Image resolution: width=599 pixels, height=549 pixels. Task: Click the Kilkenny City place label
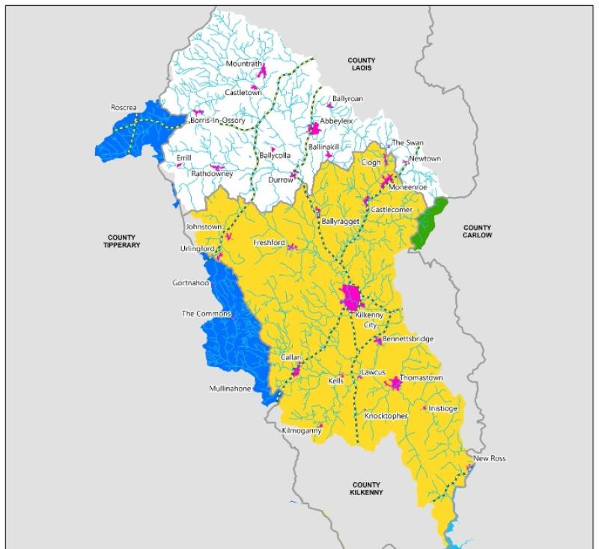click(369, 320)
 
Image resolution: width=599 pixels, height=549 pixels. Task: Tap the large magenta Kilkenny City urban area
click(350, 297)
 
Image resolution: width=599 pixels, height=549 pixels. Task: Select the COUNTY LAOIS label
click(361, 64)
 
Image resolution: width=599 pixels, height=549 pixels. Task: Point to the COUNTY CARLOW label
click(477, 231)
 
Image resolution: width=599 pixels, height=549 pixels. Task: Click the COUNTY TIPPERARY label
click(124, 240)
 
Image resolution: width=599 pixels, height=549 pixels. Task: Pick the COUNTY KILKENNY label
click(366, 488)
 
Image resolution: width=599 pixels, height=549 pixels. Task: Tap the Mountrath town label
click(244, 64)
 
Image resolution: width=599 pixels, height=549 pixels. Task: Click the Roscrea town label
click(124, 108)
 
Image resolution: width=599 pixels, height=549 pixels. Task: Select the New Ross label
click(490, 458)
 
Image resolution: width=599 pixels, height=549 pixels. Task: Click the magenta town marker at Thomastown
click(395, 383)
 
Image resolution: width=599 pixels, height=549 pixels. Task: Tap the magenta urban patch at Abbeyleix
click(314, 129)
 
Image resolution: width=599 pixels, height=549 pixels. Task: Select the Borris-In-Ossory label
click(217, 121)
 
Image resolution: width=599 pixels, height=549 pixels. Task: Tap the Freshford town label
click(270, 243)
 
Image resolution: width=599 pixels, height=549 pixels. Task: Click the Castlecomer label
click(392, 210)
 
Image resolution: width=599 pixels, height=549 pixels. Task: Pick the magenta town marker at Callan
click(296, 371)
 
